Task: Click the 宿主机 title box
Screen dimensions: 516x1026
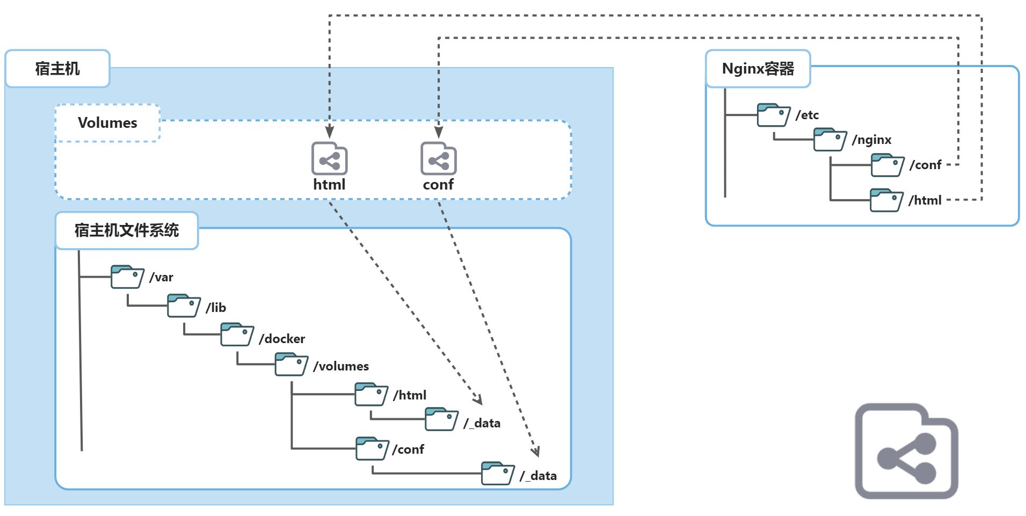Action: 57,69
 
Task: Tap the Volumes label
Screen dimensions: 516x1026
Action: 107,123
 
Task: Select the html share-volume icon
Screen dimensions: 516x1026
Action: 329,159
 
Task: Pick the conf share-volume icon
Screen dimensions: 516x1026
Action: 438,159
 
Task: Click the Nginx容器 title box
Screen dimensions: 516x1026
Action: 758,69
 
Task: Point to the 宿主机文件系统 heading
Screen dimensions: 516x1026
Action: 127,230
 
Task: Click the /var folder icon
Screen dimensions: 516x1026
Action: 127,277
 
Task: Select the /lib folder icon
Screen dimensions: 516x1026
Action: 184,306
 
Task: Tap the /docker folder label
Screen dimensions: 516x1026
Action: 282,339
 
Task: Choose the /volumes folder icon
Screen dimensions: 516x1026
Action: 291,365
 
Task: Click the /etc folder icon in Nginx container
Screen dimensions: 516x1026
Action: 773,115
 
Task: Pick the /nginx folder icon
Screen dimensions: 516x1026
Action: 829,140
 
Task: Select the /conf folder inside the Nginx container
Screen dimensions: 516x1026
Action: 887,165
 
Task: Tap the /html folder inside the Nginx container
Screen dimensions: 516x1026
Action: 886,200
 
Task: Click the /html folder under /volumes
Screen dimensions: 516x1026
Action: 371,395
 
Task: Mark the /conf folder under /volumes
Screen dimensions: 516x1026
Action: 372,448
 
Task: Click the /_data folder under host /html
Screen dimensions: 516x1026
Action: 441,419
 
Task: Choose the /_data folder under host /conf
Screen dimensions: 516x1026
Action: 498,473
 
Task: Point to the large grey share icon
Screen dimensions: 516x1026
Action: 906,451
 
